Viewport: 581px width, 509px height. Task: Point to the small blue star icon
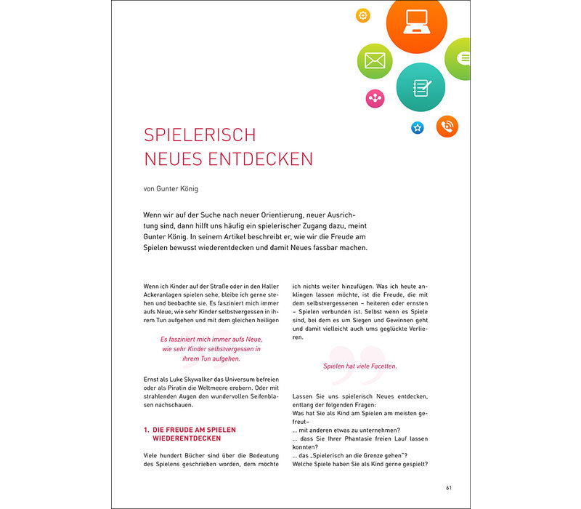point(418,128)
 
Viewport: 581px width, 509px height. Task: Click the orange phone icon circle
point(447,127)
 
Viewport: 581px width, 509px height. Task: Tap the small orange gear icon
point(363,15)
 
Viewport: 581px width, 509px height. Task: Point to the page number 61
point(450,488)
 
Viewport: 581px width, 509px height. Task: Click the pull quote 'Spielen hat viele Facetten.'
point(360,366)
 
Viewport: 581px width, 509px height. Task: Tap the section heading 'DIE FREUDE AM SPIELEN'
point(195,430)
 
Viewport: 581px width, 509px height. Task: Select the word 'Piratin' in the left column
point(187,390)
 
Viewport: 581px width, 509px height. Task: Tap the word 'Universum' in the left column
point(243,380)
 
